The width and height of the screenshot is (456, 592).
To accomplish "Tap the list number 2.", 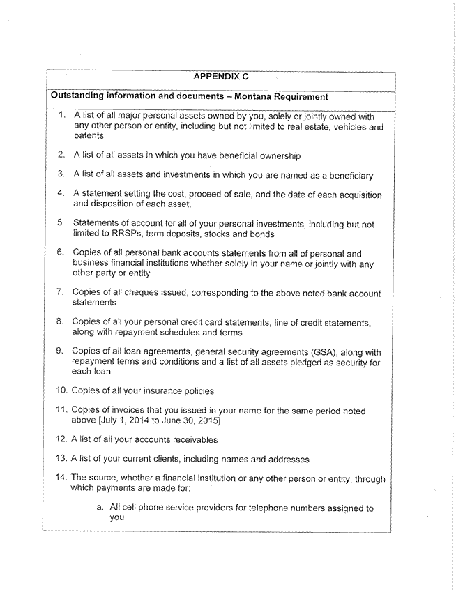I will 61,154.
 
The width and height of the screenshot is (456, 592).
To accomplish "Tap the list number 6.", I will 61,255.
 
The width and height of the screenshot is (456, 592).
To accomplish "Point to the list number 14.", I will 61,478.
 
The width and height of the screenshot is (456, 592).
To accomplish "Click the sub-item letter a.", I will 101,508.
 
